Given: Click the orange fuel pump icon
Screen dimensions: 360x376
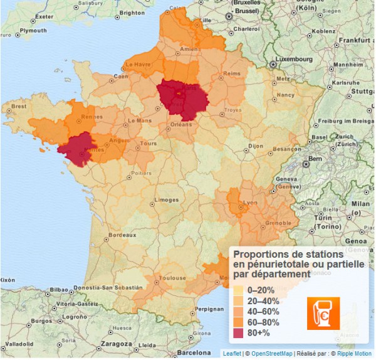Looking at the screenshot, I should [323, 313].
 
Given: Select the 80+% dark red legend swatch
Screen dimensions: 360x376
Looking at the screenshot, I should [238, 333].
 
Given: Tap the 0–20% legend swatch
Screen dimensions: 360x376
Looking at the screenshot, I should [238, 290].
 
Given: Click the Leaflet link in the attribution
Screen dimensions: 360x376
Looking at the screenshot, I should [232, 354].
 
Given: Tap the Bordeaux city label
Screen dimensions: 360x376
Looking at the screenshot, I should [122, 235].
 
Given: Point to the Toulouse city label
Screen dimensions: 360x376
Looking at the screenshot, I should [172, 278].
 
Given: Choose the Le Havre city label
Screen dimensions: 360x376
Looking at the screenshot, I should [138, 64].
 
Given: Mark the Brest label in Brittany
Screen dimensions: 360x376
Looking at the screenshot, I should [19, 107].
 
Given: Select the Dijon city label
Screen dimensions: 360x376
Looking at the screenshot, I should [255, 146].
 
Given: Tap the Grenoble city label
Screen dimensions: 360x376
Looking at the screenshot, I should [278, 223].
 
